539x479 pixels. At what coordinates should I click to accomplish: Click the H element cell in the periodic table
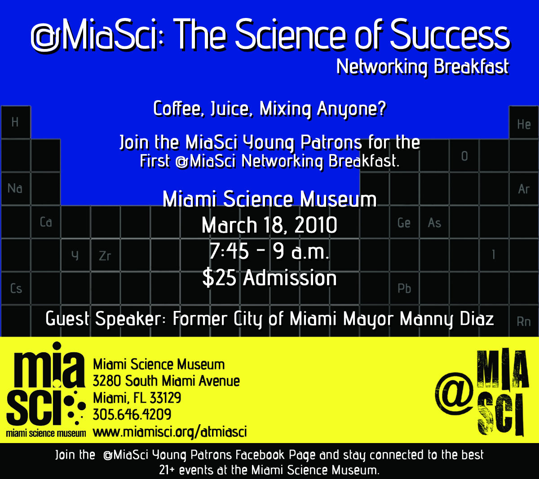coord(16,122)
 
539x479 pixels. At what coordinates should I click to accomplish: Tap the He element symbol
coord(524,124)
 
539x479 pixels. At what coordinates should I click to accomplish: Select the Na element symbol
coord(15,188)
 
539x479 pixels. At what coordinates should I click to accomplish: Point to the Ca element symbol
coord(46,222)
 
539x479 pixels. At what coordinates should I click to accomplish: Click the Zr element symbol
coord(105,256)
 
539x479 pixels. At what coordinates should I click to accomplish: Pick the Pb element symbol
coord(404,288)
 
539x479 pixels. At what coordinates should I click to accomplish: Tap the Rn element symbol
coord(524,322)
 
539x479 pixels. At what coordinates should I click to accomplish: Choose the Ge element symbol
coord(404,223)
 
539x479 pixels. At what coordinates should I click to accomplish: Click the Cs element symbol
coord(16,288)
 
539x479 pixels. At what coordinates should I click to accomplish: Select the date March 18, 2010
coord(269,225)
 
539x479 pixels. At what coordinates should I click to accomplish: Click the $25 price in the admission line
coord(219,278)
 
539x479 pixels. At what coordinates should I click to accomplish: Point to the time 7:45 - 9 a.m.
coord(269,251)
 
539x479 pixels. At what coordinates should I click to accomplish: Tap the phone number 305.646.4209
coord(132,414)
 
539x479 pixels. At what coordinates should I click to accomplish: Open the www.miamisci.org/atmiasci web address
coord(170,432)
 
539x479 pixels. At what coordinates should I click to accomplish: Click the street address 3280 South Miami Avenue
coord(166,381)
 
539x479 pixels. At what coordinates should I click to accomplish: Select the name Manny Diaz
coord(446,319)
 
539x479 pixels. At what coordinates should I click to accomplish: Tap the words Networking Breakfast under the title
coord(423,67)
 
